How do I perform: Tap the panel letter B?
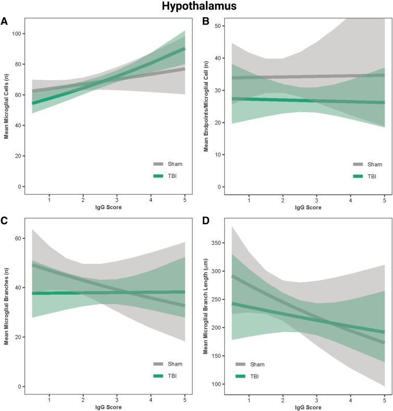205,21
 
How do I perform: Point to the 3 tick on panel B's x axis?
316,200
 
